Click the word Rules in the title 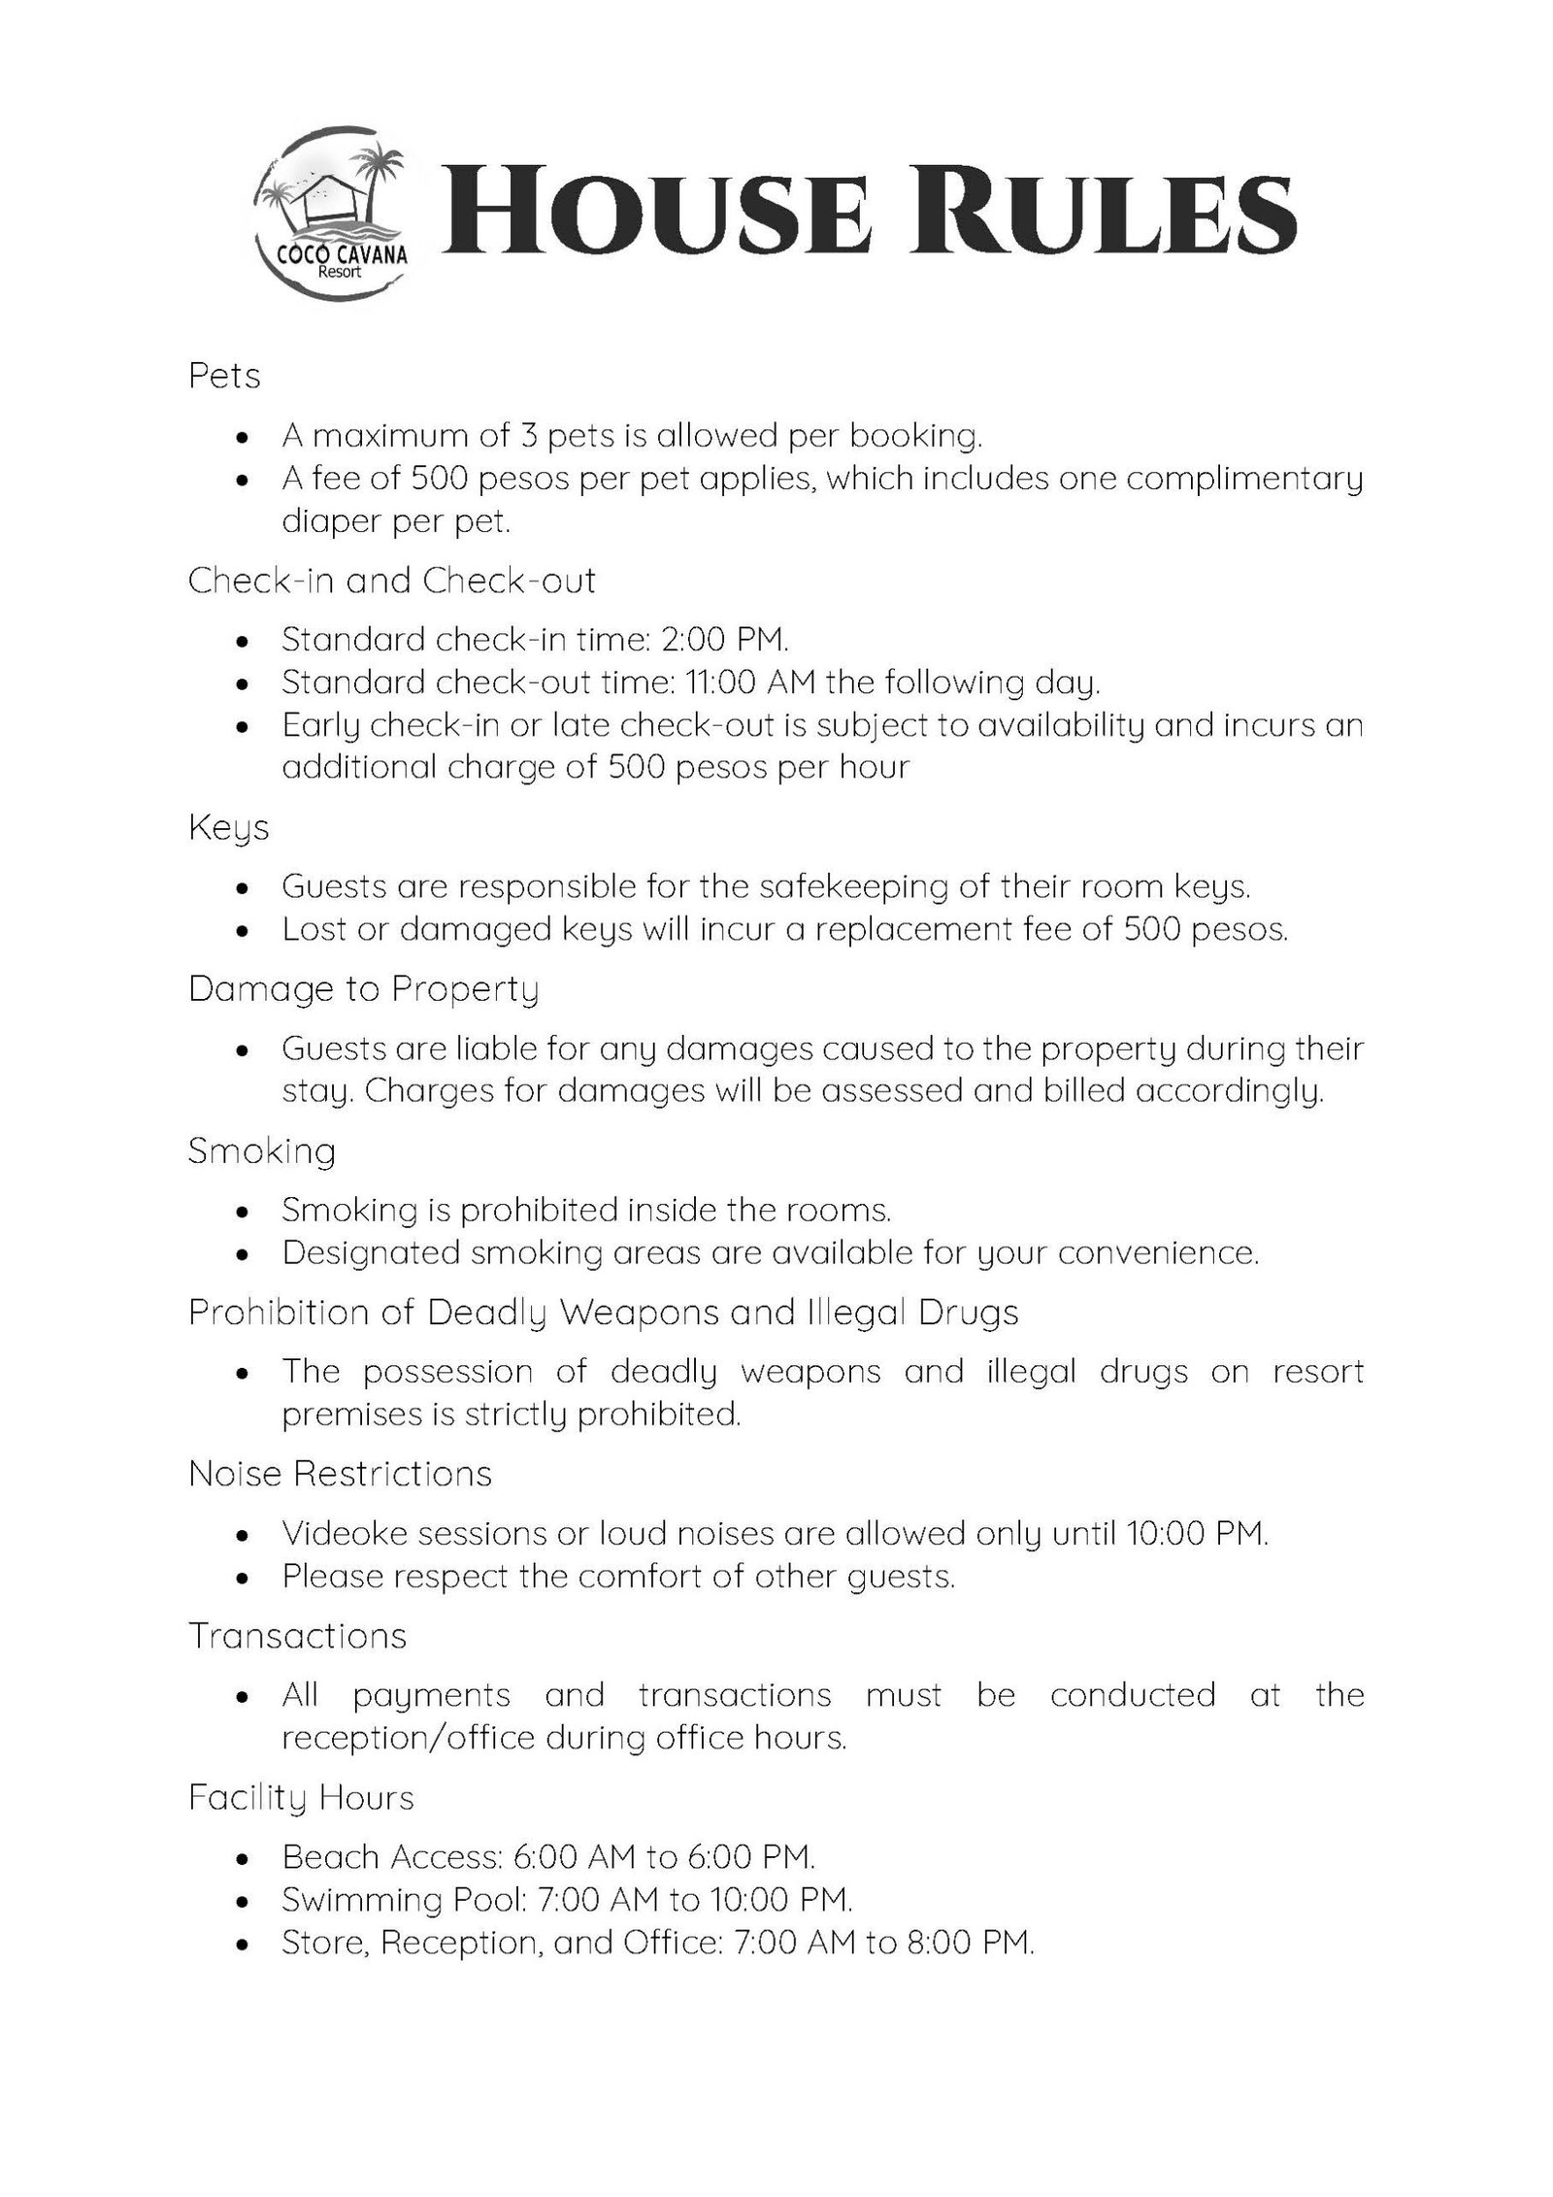click(1105, 215)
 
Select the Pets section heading click(224, 376)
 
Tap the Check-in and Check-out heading click(391, 581)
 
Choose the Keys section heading click(228, 828)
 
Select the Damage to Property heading click(363, 988)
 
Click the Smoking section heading click(262, 1150)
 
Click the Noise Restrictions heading click(340, 1474)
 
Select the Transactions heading click(297, 1636)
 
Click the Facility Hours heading click(301, 1797)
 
